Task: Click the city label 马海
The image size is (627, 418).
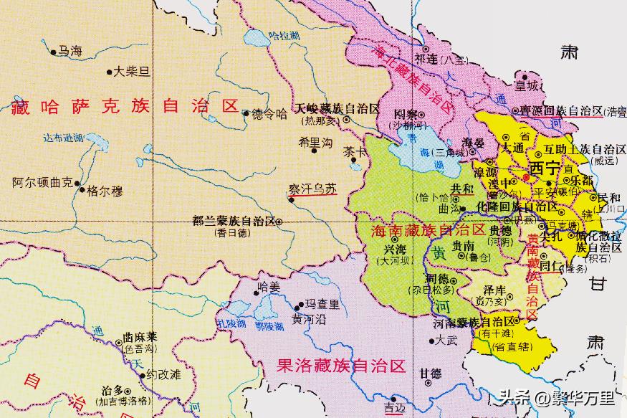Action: tap(70, 51)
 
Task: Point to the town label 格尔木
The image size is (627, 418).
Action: tap(105, 191)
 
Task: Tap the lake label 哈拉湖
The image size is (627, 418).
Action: tap(281, 35)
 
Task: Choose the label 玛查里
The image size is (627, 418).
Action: tap(322, 304)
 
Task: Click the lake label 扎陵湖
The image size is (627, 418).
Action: tap(231, 323)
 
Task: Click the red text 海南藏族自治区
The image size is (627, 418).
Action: tap(419, 230)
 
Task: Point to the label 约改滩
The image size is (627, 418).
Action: tap(162, 374)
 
